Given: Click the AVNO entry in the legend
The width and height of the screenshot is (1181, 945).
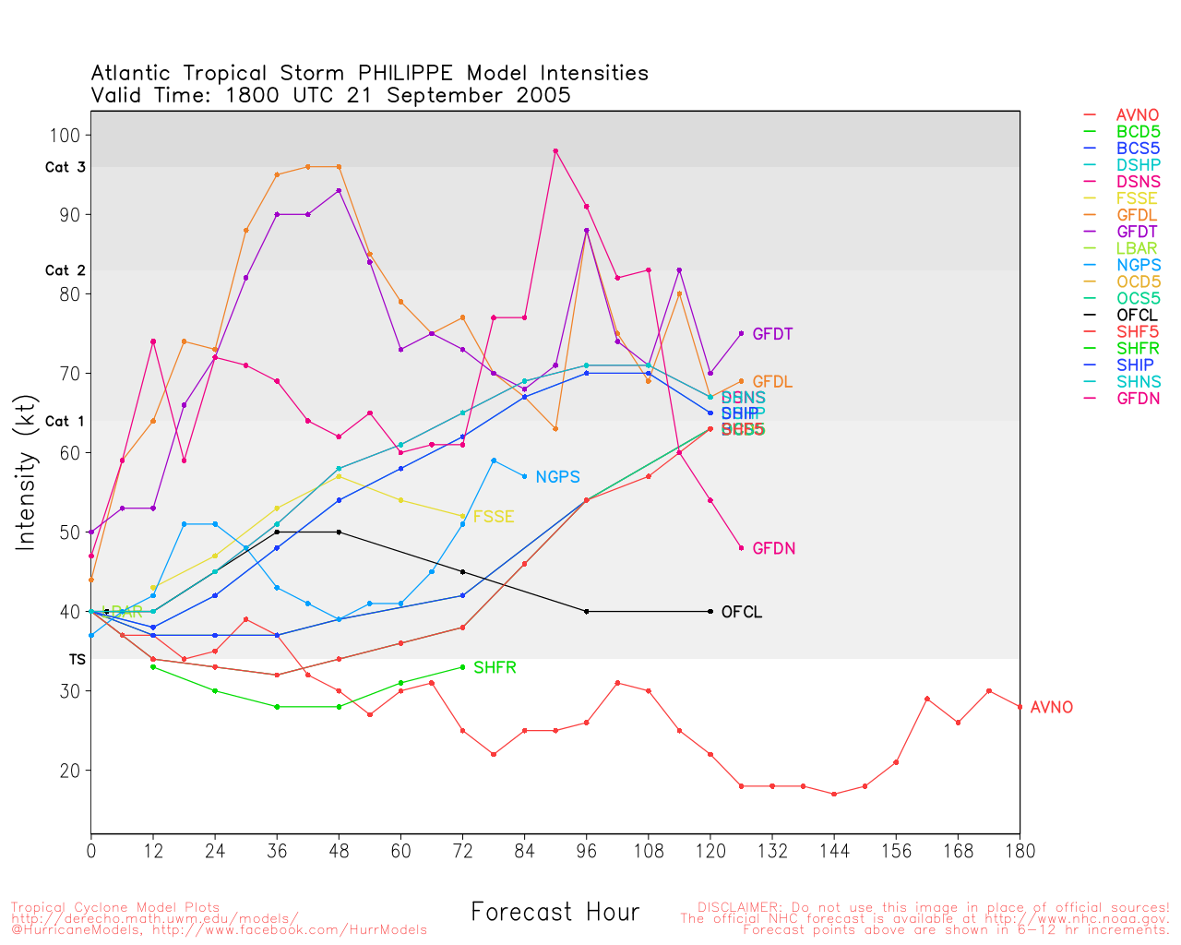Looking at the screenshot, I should click(x=1137, y=115).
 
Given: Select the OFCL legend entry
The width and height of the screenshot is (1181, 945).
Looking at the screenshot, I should click(x=1137, y=315).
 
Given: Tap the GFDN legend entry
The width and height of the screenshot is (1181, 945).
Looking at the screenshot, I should click(x=1138, y=399).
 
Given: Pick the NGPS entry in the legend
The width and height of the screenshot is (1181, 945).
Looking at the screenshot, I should click(x=1138, y=265).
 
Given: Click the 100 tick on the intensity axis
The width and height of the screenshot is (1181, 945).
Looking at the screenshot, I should click(x=65, y=135).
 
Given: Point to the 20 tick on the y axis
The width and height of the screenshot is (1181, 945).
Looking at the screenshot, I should click(x=69, y=771).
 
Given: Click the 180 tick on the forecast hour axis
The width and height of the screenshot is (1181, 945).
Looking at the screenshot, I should click(x=1020, y=851).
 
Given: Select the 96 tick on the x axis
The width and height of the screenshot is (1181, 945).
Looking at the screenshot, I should click(x=586, y=851).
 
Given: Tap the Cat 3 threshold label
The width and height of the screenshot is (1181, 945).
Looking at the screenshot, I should click(x=65, y=168).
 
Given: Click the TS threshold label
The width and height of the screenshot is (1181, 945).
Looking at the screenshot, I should click(x=77, y=660).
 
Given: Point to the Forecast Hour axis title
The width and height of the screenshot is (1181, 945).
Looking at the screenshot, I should click(x=555, y=912).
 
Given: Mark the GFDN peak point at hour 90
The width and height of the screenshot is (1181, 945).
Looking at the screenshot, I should click(x=555, y=150).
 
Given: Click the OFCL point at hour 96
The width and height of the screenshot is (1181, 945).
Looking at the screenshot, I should click(x=586, y=612).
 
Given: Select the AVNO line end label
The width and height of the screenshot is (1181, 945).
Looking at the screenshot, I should click(x=1051, y=708).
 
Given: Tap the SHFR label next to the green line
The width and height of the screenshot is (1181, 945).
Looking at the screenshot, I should click(x=495, y=667).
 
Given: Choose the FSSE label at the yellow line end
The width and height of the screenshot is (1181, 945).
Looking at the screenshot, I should click(x=493, y=517).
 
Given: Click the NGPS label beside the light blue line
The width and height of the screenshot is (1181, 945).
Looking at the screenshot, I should click(x=557, y=477).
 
